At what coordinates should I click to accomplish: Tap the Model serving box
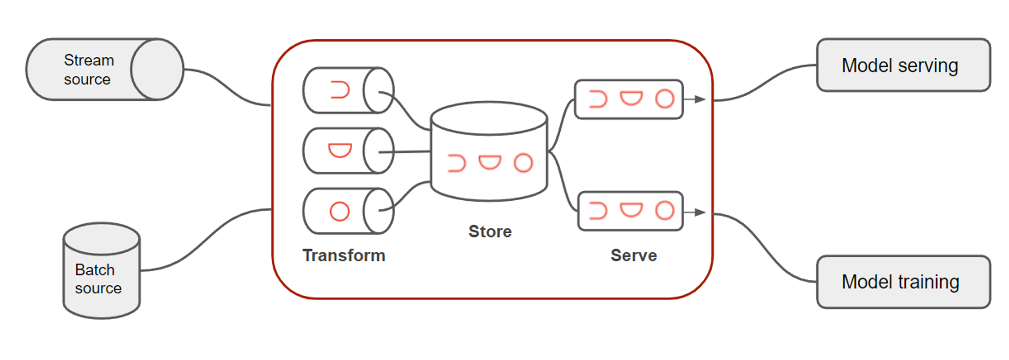pyautogui.click(x=903, y=65)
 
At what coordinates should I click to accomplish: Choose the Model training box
pyautogui.click(x=903, y=282)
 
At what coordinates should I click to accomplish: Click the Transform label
pyautogui.click(x=344, y=255)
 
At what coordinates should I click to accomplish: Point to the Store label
pyautogui.click(x=490, y=231)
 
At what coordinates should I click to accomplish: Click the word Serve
pyautogui.click(x=633, y=255)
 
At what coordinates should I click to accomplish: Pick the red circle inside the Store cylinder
pyautogui.click(x=523, y=163)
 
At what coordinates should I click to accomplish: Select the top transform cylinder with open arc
pyautogui.click(x=347, y=90)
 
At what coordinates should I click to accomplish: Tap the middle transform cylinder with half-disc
pyautogui.click(x=347, y=151)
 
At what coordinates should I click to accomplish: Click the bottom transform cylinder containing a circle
pyautogui.click(x=347, y=211)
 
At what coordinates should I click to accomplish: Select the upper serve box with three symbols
pyautogui.click(x=629, y=99)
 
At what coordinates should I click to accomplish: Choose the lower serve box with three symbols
pyautogui.click(x=630, y=211)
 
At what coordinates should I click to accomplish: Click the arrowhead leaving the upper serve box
pyautogui.click(x=700, y=99)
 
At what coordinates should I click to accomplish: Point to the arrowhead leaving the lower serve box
pyautogui.click(x=700, y=212)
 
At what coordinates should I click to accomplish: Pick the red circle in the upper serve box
pyautogui.click(x=665, y=99)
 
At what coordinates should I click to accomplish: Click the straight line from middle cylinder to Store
pyautogui.click(x=410, y=152)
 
